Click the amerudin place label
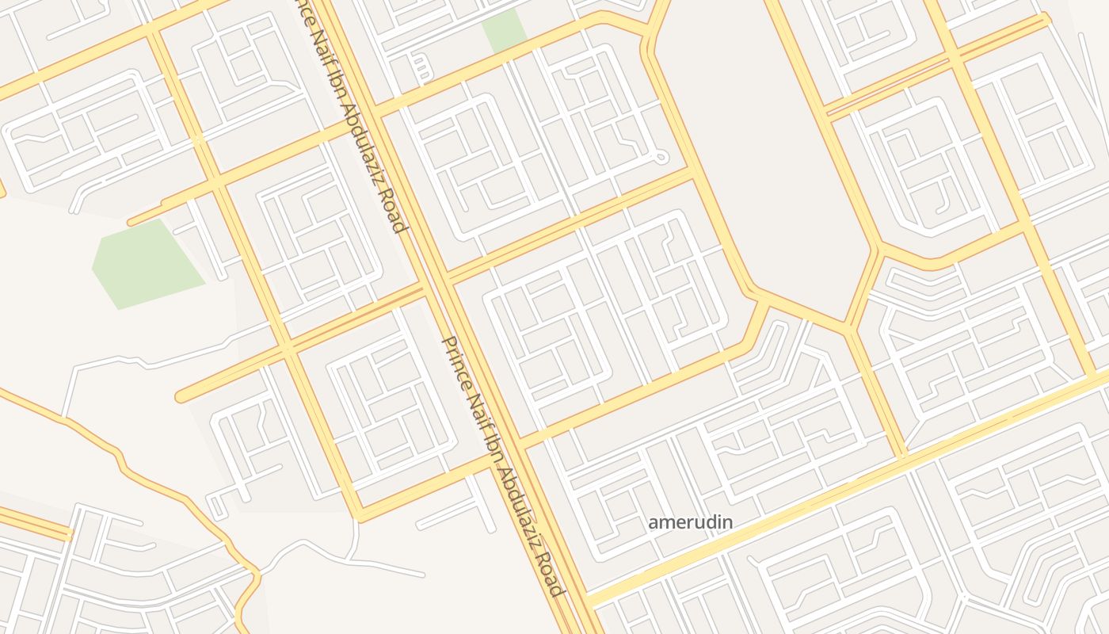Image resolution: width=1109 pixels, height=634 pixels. tap(690, 522)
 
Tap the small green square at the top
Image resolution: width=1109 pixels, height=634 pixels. tap(505, 30)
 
